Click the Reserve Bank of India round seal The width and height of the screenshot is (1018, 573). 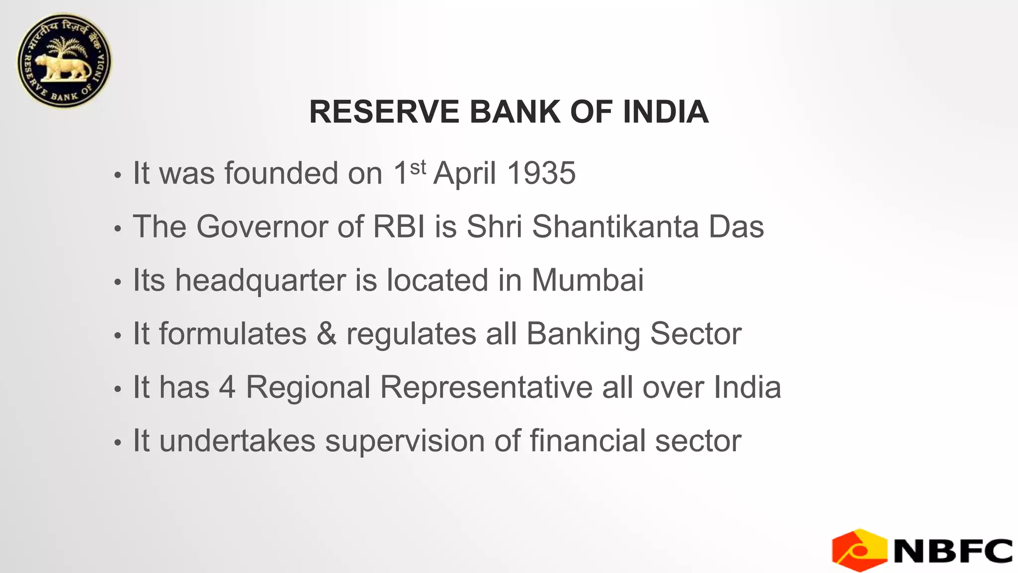(65, 61)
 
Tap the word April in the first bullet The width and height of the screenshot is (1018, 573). (465, 173)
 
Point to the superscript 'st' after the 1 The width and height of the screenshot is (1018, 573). (418, 167)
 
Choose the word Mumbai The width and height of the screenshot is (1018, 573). (588, 280)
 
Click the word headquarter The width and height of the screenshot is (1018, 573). (260, 280)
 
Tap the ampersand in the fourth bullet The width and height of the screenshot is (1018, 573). (326, 333)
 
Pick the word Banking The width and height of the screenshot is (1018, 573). (583, 334)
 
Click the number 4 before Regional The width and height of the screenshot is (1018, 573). (227, 387)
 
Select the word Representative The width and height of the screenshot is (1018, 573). (486, 388)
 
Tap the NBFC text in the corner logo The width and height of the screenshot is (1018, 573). (953, 551)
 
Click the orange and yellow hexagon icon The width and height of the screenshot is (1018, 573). (859, 550)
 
